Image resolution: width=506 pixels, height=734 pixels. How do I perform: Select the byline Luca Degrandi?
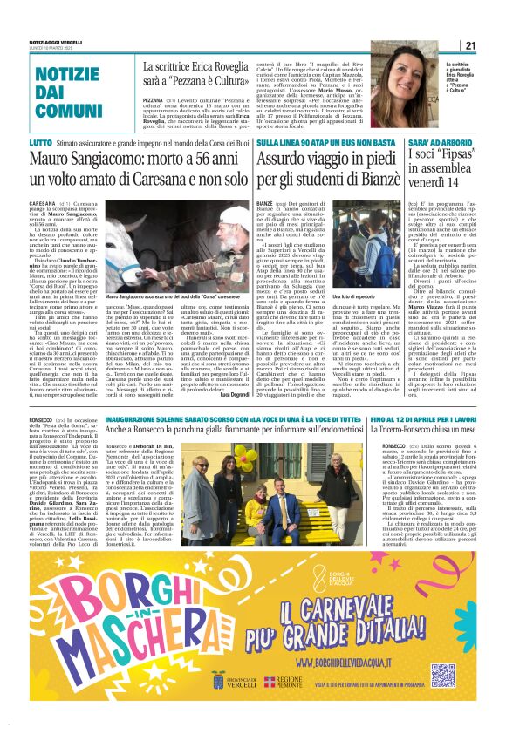click(234, 396)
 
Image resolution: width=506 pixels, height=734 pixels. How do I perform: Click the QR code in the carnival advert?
click(443, 675)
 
